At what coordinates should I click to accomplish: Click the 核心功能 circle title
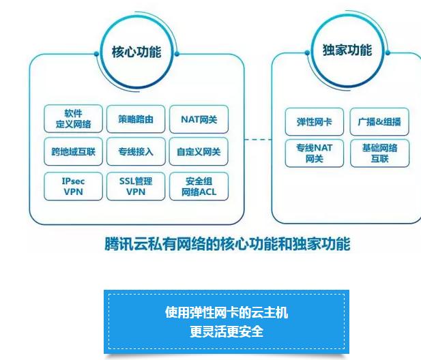pyautogui.click(x=136, y=52)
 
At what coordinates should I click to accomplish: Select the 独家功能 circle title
pyautogui.click(x=347, y=50)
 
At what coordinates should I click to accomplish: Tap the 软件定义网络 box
pyautogui.click(x=73, y=119)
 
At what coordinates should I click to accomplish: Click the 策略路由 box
pyautogui.click(x=136, y=119)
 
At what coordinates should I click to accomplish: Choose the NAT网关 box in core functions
pyautogui.click(x=199, y=119)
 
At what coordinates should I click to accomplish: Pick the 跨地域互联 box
pyautogui.click(x=73, y=151)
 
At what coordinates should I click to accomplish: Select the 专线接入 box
pyautogui.click(x=136, y=151)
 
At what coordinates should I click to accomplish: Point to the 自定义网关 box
pyautogui.click(x=199, y=151)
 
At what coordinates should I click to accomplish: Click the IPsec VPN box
pyautogui.click(x=73, y=186)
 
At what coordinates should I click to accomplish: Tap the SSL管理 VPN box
pyautogui.click(x=136, y=186)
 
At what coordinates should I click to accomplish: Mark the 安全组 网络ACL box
pyautogui.click(x=199, y=186)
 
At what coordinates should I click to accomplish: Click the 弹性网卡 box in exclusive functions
pyautogui.click(x=315, y=123)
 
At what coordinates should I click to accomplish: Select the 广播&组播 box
pyautogui.click(x=379, y=123)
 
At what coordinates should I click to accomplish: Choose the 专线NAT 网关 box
pyautogui.click(x=315, y=153)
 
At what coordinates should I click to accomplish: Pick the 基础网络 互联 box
pyautogui.click(x=379, y=153)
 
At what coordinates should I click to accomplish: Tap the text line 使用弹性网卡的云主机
pyautogui.click(x=226, y=313)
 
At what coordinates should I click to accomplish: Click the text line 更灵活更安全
pyautogui.click(x=226, y=331)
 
